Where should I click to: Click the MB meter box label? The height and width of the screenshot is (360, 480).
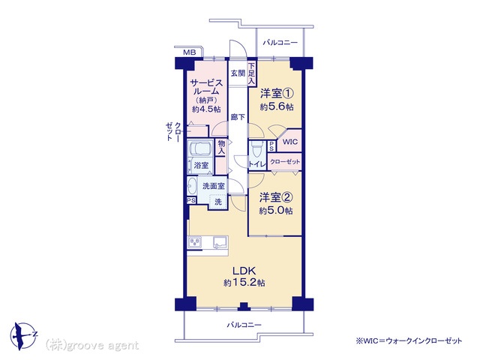190,52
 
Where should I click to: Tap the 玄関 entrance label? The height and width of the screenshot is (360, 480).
238,73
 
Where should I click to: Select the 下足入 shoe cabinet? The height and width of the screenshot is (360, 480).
252,73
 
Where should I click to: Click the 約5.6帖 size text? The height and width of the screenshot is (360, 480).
277,106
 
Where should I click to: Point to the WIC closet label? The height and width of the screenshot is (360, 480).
289,142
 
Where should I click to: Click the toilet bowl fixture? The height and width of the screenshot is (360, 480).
255,149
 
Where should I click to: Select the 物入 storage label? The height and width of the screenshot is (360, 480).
221,147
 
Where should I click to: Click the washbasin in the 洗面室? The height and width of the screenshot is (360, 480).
192,186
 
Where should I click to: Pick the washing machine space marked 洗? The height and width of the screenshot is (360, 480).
218,202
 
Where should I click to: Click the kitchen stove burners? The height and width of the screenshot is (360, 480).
195,242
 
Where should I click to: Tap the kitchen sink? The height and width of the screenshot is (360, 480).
220,242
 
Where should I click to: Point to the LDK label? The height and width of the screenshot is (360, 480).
244,271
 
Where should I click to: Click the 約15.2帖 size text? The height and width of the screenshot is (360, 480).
244,283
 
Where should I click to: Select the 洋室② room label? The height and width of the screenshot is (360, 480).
276,198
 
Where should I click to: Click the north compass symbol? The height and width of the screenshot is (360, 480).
23,335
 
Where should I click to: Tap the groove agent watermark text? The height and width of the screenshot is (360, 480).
91,346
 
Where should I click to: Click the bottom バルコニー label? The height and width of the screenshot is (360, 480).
244,325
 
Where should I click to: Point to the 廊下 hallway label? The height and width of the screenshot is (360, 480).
238,117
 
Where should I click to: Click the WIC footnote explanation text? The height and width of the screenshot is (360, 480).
409,340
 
